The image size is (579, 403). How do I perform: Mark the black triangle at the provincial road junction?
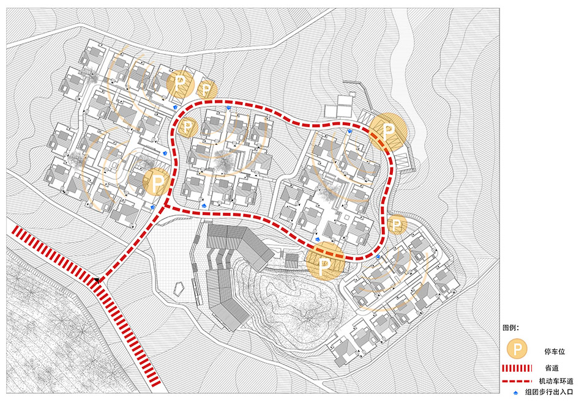point(97,280)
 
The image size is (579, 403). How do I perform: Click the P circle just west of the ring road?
point(158,181)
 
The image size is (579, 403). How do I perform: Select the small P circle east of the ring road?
point(397,225)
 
